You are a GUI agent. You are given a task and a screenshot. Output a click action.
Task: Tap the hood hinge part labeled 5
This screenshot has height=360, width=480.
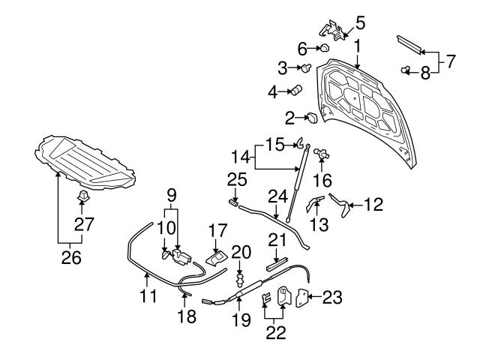click(x=331, y=29)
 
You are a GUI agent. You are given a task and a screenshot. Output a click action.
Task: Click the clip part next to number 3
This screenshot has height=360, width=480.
click(x=307, y=69)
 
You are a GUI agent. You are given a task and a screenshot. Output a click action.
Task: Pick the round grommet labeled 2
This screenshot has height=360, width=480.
click(x=310, y=117)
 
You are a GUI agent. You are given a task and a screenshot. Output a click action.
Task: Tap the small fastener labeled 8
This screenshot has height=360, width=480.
click(x=406, y=71)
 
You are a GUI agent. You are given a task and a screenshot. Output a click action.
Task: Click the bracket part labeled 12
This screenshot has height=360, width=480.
click(x=343, y=205)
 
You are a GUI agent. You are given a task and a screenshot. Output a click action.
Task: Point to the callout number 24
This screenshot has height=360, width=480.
click(x=278, y=196)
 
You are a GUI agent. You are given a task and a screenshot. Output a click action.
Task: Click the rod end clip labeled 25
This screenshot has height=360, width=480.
click(x=233, y=201)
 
